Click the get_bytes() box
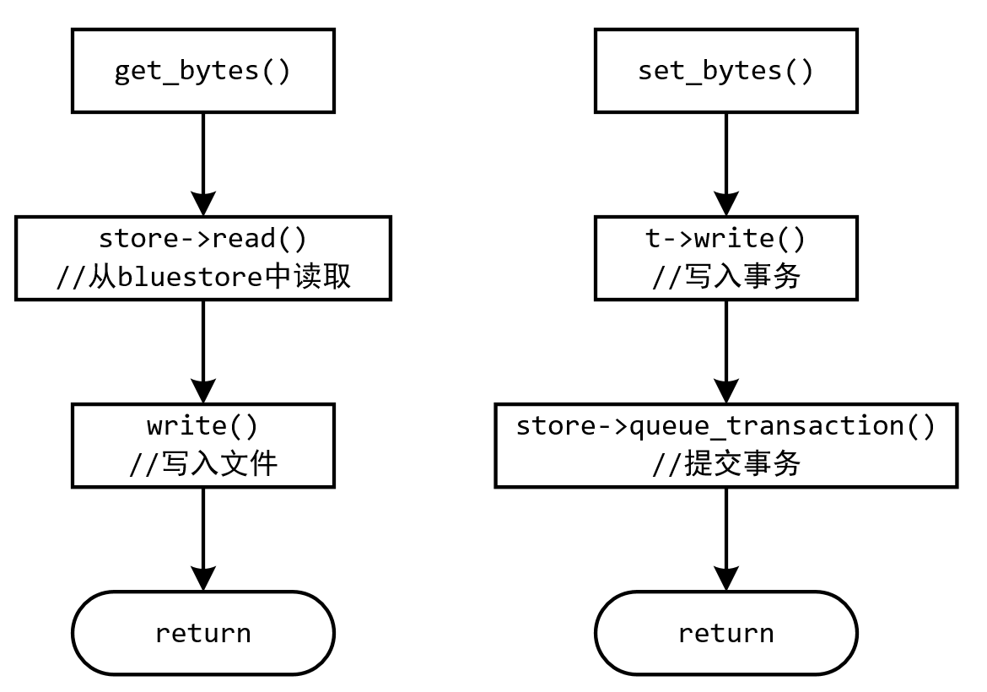tap(203, 71)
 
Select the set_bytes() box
tap(726, 71)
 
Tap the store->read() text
tap(203, 240)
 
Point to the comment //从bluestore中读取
tap(203, 277)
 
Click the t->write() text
tap(726, 240)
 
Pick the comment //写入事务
tap(726, 277)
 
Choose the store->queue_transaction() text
tap(726, 427)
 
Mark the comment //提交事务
tap(726, 464)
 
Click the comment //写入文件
tap(203, 464)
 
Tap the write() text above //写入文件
tap(203, 427)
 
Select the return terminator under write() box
tap(203, 633)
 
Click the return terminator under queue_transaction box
tap(726, 633)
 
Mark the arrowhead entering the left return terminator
tap(203, 579)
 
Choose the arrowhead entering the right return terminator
tap(726, 579)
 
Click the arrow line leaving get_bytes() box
tap(203, 152)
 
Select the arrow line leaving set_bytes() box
tap(726, 152)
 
